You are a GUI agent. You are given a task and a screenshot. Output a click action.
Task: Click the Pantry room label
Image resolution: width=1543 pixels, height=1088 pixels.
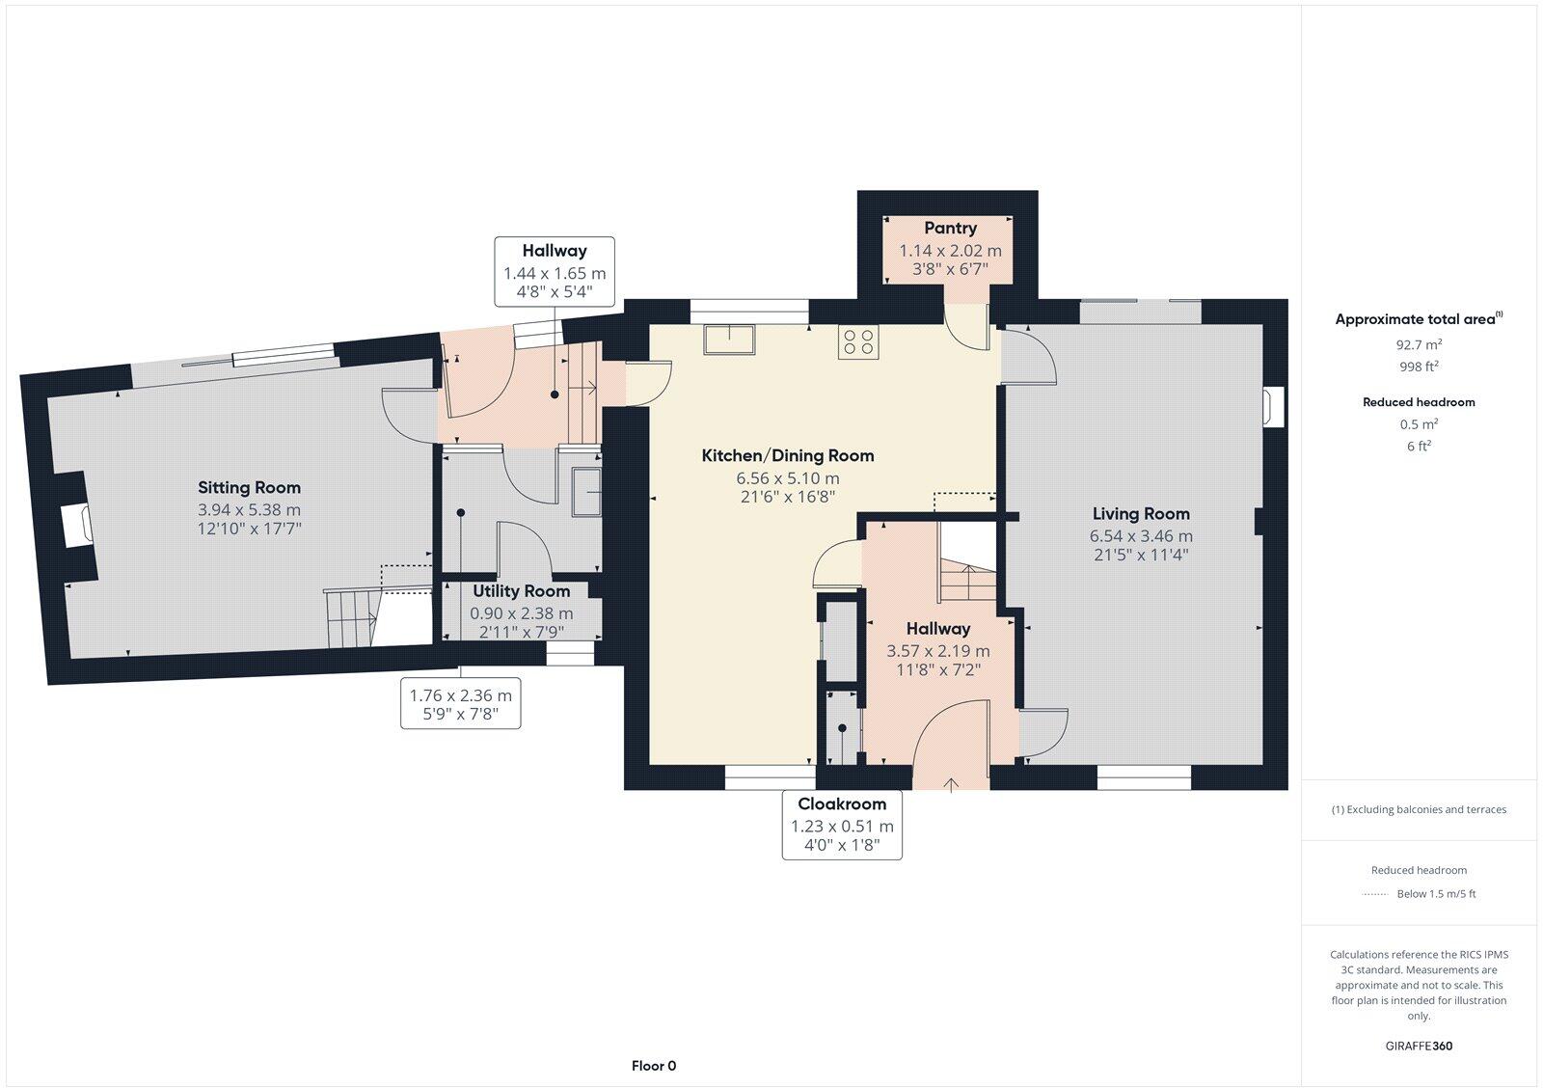950,229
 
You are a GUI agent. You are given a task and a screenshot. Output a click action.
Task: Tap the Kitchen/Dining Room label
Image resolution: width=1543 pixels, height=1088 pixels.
787,455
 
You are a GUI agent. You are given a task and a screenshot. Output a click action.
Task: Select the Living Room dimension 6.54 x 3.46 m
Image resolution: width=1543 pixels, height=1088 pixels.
1141,536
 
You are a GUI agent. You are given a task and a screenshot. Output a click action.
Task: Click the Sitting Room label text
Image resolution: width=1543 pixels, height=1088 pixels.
249,488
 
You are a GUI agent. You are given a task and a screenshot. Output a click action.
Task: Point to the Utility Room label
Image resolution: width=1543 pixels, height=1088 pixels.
521,591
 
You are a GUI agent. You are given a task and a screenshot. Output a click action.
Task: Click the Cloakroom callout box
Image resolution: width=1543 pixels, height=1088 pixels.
842,826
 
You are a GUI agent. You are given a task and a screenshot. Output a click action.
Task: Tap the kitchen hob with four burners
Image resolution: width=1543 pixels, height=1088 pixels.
858,342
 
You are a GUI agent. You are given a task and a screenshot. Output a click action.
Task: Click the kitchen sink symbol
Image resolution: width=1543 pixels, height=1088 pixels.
730,340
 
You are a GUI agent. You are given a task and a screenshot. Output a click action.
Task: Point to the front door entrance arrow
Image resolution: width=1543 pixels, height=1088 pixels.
951,783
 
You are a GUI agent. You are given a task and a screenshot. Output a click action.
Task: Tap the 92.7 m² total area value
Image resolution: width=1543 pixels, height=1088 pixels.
1419,344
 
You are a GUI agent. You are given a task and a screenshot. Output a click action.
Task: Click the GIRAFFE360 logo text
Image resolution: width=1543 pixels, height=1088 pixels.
1419,1046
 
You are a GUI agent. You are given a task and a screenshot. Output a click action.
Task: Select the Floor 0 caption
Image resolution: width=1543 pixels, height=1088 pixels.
654,1066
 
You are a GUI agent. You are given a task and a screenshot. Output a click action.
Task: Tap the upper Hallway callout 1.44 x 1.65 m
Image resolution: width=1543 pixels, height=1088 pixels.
555,272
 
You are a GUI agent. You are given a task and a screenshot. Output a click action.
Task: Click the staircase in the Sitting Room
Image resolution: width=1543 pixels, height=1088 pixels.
353,617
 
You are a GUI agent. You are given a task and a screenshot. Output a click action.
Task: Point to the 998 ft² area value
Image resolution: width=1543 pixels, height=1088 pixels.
1419,367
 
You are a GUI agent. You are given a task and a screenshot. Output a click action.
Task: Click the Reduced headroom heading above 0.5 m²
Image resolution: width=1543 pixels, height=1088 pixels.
1419,402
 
